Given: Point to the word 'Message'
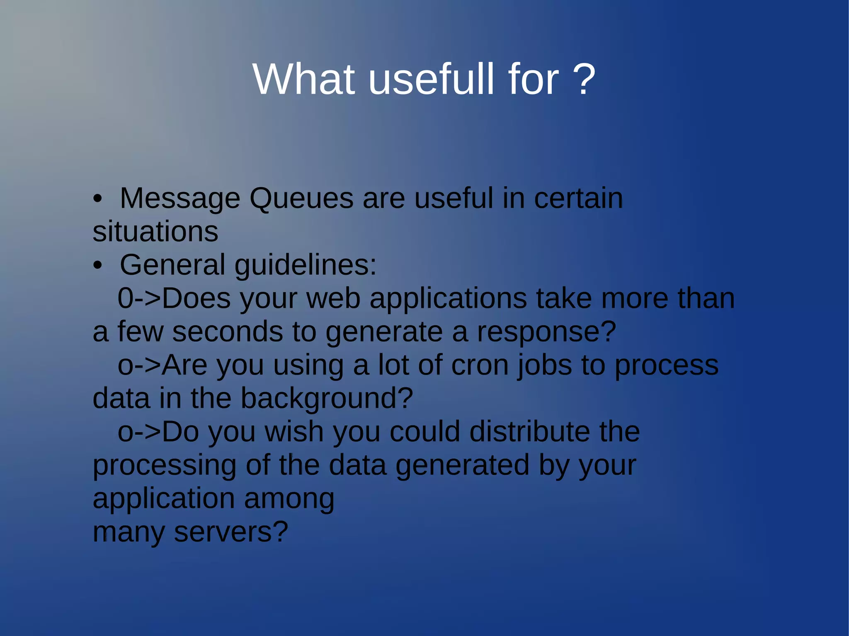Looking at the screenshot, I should (x=180, y=198).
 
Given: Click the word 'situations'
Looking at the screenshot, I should (x=155, y=232).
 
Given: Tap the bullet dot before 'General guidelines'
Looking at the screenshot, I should (x=97, y=266).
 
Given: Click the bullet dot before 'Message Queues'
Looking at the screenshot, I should (x=97, y=199).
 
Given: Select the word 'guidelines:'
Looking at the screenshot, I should (x=306, y=265).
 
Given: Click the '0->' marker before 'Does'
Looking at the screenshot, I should (x=139, y=298).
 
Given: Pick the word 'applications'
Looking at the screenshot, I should (x=448, y=298).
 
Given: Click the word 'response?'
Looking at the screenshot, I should (x=546, y=332).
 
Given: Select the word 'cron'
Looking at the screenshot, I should (x=479, y=365).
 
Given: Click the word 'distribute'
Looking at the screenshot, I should (x=530, y=432).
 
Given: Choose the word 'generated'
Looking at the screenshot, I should (x=462, y=465).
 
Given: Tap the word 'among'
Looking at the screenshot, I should (x=289, y=498).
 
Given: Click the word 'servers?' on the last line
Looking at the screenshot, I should (x=230, y=532).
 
